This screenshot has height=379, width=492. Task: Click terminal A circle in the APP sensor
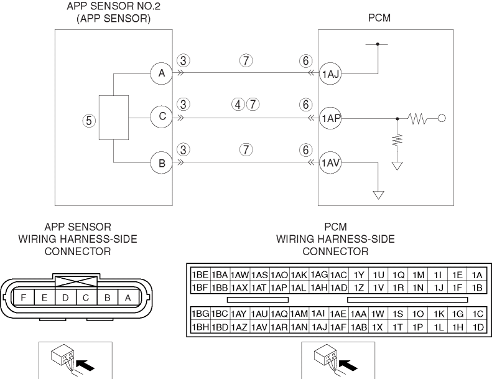click(161, 73)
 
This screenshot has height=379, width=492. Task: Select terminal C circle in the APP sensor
click(161, 116)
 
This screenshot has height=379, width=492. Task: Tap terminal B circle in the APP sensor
click(161, 164)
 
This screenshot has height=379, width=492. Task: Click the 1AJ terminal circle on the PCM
click(330, 73)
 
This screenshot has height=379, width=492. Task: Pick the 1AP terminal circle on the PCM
click(330, 116)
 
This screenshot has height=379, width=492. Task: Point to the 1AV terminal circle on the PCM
click(330, 164)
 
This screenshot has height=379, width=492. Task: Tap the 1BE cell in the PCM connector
click(200, 275)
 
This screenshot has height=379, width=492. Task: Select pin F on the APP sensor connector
click(23, 297)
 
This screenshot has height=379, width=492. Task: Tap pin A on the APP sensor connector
click(128, 297)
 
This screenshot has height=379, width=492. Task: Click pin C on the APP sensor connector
click(86, 297)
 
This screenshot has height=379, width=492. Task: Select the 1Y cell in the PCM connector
click(359, 275)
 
